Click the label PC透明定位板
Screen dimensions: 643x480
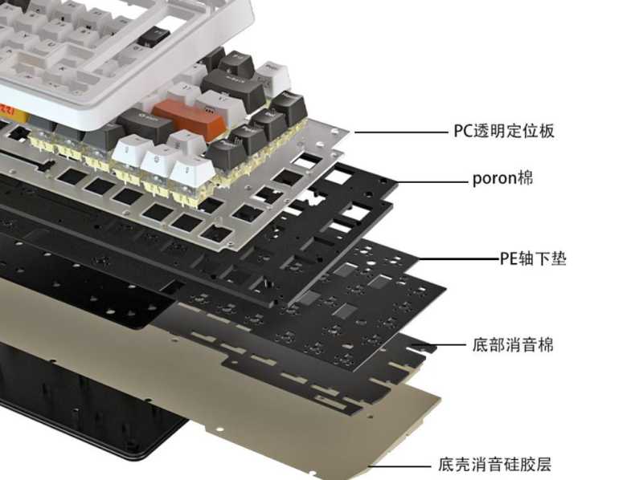[504, 131]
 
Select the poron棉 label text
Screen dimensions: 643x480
[503, 178]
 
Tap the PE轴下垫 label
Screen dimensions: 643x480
[533, 258]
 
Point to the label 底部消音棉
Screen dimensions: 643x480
[513, 345]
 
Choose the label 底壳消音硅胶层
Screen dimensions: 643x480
[494, 465]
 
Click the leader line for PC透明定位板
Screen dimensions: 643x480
[401, 132]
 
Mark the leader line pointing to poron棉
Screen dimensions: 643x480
[432, 182]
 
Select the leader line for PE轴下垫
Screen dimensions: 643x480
[458, 258]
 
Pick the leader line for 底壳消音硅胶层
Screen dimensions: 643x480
[399, 466]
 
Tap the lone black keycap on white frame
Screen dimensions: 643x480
[154, 36]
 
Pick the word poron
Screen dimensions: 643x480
[494, 179]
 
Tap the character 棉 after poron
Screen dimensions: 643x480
[525, 177]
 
